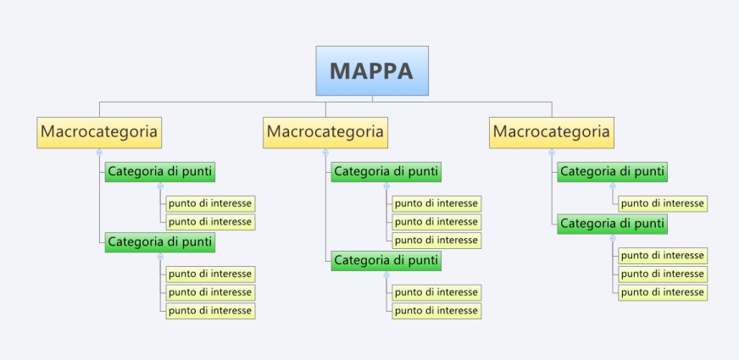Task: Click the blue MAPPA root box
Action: (x=372, y=71)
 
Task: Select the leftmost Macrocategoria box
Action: (x=99, y=132)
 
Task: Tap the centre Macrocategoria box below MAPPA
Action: (x=325, y=132)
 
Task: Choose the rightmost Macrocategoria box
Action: (x=551, y=132)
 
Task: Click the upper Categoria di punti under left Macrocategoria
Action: (x=160, y=172)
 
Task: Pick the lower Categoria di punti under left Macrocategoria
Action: (x=160, y=242)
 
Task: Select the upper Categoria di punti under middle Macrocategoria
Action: (x=386, y=172)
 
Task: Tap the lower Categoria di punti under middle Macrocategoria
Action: (x=386, y=260)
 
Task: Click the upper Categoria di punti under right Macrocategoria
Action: (x=612, y=172)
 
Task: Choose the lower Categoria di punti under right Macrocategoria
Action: (x=612, y=224)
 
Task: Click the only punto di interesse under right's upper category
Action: (x=662, y=203)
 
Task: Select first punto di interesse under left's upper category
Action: (x=210, y=203)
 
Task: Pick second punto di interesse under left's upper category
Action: (x=210, y=222)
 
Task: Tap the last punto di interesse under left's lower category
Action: (x=210, y=311)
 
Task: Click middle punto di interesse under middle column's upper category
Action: (x=436, y=222)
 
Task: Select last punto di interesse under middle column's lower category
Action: (x=436, y=311)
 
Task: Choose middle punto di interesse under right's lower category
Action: (x=662, y=274)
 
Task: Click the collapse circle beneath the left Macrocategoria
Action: (x=99, y=152)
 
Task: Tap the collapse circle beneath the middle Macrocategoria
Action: (x=325, y=152)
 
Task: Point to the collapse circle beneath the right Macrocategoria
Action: (x=552, y=152)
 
